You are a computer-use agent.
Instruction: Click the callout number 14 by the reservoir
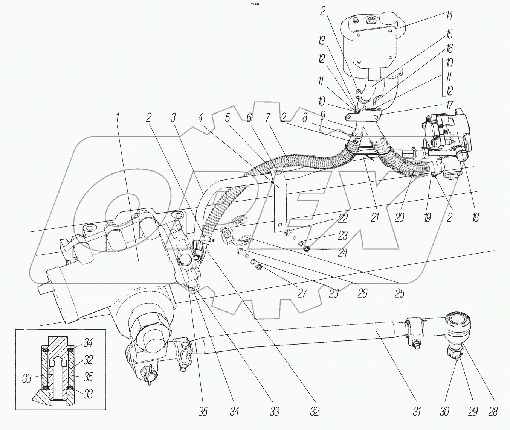tap(448, 16)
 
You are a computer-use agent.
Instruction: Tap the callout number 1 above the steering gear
tap(117, 118)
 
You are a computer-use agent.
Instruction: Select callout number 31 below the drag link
tap(416, 411)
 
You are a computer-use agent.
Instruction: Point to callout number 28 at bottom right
tap(492, 411)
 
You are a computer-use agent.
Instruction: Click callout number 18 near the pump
tap(475, 217)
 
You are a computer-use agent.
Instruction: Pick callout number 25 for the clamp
tap(399, 293)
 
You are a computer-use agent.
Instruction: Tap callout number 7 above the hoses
tap(267, 118)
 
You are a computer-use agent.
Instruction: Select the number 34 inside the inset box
tap(88, 343)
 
